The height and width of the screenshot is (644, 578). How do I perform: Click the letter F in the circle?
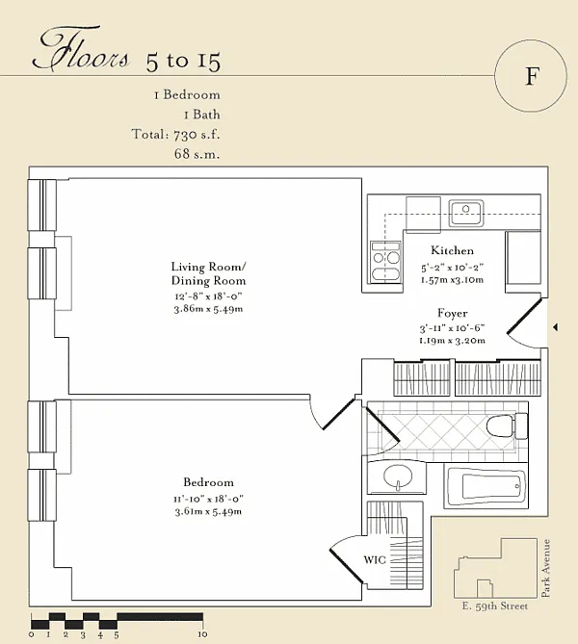tap(531, 76)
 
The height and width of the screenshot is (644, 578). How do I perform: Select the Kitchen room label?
tap(452, 250)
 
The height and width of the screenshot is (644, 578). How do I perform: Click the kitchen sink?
tap(465, 213)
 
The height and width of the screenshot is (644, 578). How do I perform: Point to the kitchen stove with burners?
tap(385, 262)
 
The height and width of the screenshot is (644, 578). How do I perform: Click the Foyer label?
tap(452, 313)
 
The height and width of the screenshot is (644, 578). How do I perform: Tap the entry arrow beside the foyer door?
tap(556, 327)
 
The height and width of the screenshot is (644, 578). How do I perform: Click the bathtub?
tap(486, 486)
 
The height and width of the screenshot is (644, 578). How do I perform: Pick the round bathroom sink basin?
tap(398, 477)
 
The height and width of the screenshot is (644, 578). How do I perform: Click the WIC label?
tap(375, 560)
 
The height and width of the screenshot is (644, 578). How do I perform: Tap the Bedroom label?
tap(208, 482)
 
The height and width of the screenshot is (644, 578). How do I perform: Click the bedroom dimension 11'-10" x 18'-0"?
tap(208, 499)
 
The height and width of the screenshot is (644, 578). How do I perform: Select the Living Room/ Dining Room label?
tap(208, 273)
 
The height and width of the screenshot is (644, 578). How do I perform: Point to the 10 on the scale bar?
tap(202, 634)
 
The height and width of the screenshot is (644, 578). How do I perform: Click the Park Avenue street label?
tap(545, 568)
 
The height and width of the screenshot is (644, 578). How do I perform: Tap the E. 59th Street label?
tap(494, 606)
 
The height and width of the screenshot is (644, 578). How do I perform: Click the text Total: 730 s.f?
tap(175, 135)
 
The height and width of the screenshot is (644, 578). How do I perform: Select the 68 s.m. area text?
tap(197, 154)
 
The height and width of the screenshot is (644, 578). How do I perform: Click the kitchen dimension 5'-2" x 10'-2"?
tap(452, 268)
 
